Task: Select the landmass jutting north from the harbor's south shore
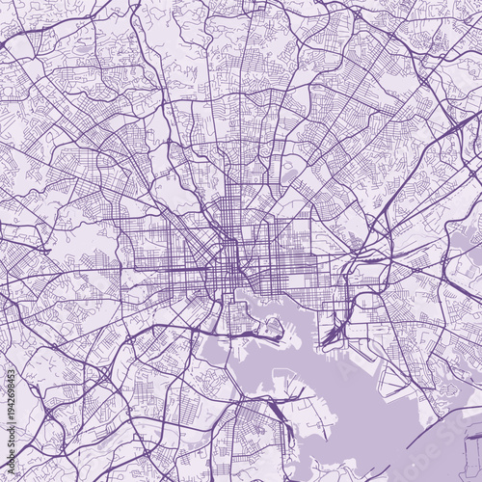(x=289, y=405)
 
